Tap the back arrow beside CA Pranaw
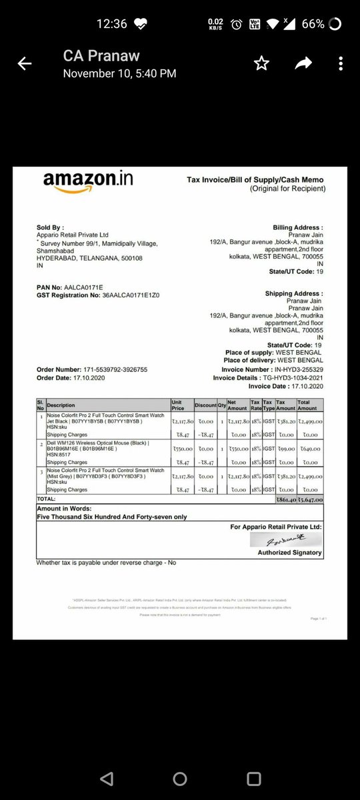point(25,64)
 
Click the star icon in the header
point(261,64)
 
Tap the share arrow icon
point(304,63)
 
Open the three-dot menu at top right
point(340,64)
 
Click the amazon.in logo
point(79,182)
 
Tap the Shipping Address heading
point(294,294)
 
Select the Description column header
point(62,405)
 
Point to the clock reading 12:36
point(111,24)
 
